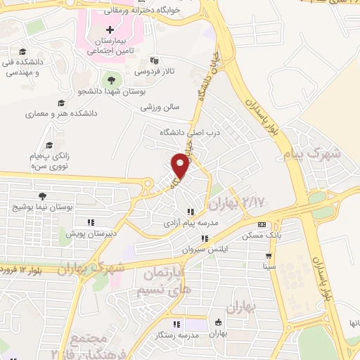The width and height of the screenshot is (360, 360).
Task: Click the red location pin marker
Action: point(181,165)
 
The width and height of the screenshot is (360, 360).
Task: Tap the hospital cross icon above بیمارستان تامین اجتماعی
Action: point(110,30)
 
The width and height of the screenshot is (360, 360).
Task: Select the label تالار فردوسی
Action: point(151,72)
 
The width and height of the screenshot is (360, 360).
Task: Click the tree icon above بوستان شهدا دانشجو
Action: point(111,79)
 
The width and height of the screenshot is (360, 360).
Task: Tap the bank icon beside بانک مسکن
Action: point(262,225)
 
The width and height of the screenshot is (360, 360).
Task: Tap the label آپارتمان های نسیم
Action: point(165,277)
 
